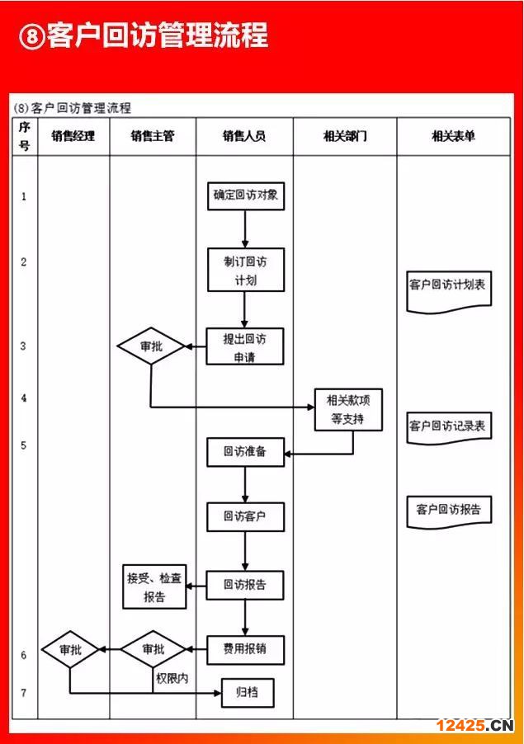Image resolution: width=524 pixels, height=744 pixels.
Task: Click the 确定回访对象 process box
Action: point(246,196)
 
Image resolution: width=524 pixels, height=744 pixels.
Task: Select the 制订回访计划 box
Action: point(246,270)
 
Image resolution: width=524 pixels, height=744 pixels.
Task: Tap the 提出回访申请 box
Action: point(245,346)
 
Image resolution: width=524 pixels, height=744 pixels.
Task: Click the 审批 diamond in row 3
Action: point(151,346)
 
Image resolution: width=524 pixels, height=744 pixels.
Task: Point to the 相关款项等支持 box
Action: point(348,409)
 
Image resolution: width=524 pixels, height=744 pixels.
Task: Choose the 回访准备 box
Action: point(245,452)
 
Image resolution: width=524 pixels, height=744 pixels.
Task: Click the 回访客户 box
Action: point(245,516)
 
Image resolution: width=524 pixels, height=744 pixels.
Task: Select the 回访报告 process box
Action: point(245,585)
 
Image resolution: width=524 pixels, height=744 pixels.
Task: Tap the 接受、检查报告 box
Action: point(154,586)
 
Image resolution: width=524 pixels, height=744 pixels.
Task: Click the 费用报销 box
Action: point(245,650)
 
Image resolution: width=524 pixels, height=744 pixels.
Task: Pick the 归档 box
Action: point(248,693)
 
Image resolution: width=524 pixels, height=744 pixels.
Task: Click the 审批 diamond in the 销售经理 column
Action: point(70,650)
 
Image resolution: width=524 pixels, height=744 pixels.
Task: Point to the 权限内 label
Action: point(172,678)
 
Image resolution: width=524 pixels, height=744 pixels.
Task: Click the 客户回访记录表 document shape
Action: point(449,428)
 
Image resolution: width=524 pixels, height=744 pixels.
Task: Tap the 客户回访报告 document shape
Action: point(449,512)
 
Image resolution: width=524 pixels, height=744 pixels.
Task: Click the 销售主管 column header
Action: point(153,136)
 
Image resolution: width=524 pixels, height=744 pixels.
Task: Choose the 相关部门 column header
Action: point(345,136)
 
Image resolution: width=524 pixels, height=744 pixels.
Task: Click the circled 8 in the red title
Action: point(32,36)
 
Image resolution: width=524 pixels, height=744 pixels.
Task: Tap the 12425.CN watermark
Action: point(474,726)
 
